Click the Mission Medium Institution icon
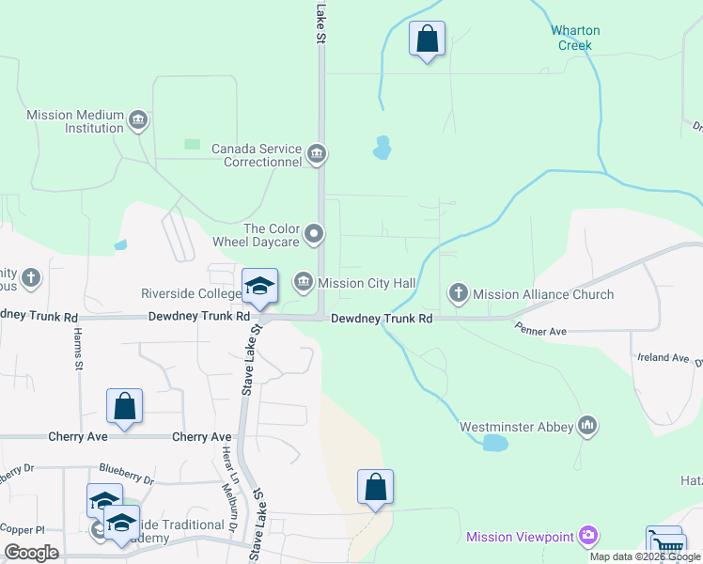coord(138,119)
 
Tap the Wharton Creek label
coord(575,38)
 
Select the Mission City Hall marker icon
coord(304,281)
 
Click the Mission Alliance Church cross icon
coord(459,293)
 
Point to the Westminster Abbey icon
coord(588,426)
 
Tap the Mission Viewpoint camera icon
coord(588,536)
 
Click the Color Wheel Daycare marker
coord(316,232)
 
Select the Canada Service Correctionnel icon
coord(317,153)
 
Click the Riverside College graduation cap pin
coord(260,287)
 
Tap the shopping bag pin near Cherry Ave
coord(124,407)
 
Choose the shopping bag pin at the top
coord(427,39)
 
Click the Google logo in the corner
coord(31,553)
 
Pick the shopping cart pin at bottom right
coord(664,544)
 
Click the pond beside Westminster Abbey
coord(495,443)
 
